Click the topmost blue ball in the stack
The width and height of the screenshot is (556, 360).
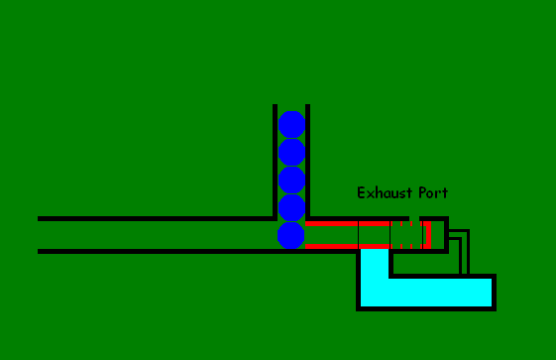tap(291, 124)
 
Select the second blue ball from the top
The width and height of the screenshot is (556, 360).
tap(291, 152)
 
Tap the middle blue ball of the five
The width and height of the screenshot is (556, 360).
tap(291, 180)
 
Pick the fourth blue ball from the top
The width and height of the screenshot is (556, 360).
tap(291, 207)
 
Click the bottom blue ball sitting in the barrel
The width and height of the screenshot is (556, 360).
tap(291, 235)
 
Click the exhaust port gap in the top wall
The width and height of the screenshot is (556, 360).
tap(414, 218)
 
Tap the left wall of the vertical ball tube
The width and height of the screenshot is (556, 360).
tap(275, 159)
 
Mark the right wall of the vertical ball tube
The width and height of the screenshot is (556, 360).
tap(308, 159)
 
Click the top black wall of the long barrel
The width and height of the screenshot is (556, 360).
tap(149, 218)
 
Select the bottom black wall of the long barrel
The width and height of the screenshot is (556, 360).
tap(149, 251)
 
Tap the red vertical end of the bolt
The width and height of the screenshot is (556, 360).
tap(427, 235)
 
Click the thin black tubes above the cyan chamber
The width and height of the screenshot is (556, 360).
tap(462, 253)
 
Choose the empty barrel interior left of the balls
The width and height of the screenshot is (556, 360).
tap(149, 235)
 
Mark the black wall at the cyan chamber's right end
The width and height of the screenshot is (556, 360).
tap(494, 292)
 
